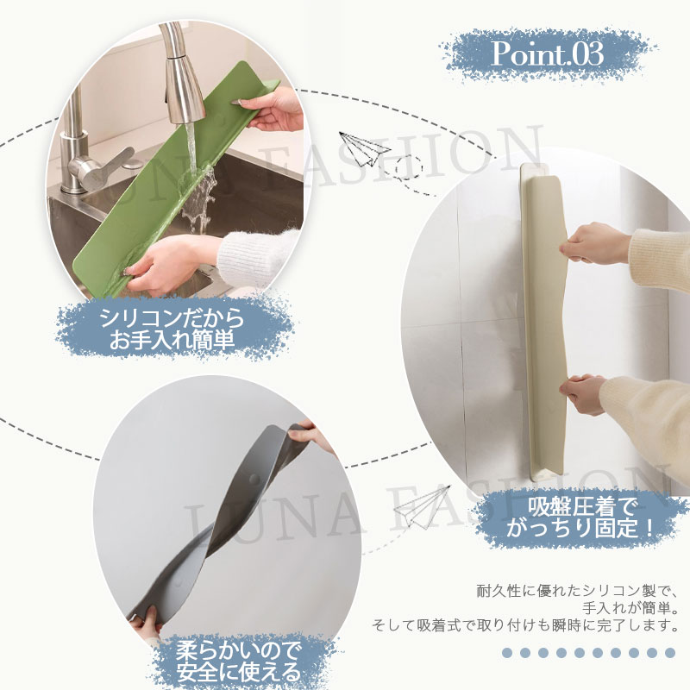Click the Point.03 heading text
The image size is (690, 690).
pos(547,54)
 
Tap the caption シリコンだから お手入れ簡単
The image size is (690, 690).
pos(172,329)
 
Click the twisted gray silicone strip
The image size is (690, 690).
pos(220,519)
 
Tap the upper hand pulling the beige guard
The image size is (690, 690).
pos(593,243)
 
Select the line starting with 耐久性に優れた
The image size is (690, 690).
pos(577,591)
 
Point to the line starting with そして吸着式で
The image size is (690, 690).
pos(524,624)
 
